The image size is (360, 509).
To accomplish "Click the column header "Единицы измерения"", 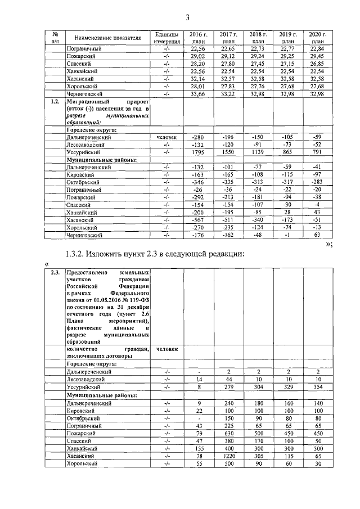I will click(x=166, y=38).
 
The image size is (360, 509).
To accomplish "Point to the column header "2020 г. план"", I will click(x=317, y=38).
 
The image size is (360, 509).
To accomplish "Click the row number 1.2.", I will click(x=55, y=102).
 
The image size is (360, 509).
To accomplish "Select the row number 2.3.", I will click(x=55, y=272).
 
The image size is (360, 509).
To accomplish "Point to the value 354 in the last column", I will click(x=317, y=388).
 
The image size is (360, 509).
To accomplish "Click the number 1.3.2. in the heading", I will click(x=78, y=254).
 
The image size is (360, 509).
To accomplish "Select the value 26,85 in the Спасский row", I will click(x=317, y=64).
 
